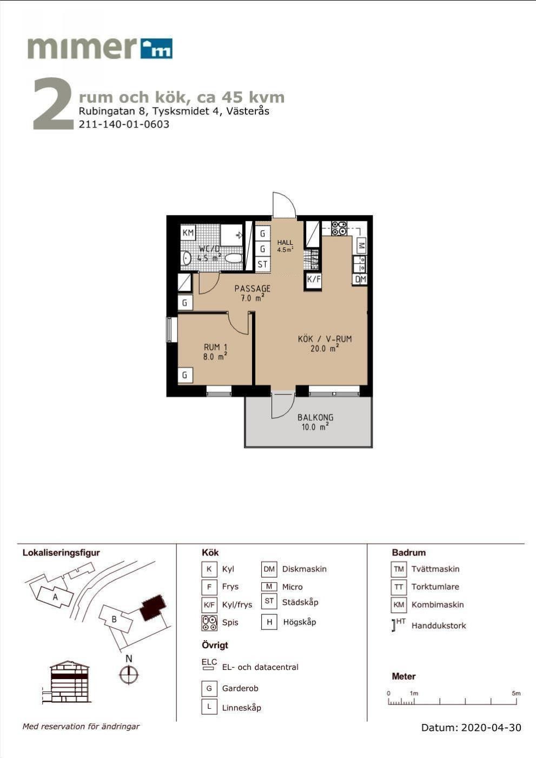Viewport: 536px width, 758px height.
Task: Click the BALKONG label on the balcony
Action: pos(315,417)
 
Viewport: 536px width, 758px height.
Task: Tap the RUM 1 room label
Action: pos(215,347)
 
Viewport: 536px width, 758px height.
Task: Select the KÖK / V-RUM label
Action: pos(325,339)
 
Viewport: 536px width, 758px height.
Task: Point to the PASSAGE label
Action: pos(253,289)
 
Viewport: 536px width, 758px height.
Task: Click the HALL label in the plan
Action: pos(285,242)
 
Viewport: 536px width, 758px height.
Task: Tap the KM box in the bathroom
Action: pos(188,232)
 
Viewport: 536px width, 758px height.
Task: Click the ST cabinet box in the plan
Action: pos(262,264)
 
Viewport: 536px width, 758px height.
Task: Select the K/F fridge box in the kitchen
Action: pos(313,279)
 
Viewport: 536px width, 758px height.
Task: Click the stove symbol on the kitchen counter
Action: pos(339,228)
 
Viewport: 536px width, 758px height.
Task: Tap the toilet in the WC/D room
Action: pos(234,258)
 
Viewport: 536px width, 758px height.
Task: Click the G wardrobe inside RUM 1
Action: pos(185,375)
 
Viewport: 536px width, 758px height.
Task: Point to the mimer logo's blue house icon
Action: pos(156,49)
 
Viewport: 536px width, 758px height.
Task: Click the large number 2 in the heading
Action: pos(54,103)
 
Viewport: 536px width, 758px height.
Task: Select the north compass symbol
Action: pos(129,674)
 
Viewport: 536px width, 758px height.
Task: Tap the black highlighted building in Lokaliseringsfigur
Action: pos(153,607)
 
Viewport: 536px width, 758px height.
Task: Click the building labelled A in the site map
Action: pos(55,597)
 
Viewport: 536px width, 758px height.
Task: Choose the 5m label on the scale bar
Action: pos(516,693)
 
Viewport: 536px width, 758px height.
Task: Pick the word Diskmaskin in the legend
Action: pos(305,569)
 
